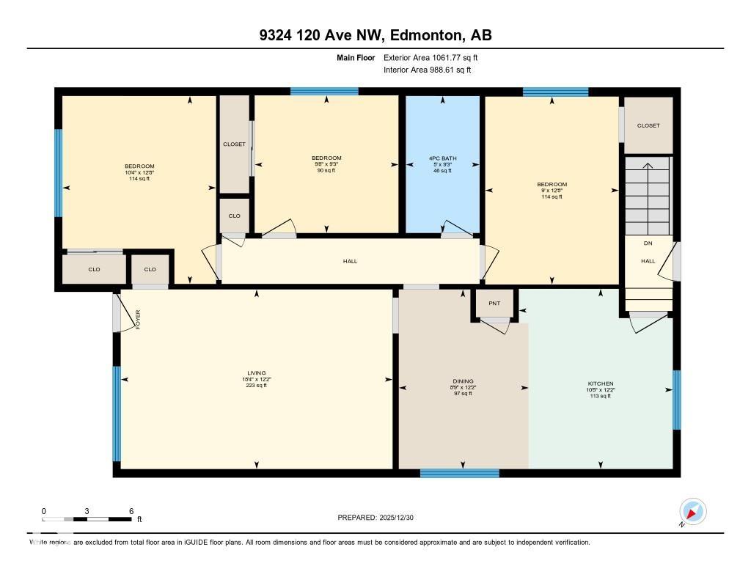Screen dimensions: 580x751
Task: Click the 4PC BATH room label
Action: tap(440, 158)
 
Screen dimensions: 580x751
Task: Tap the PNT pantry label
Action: tap(494, 303)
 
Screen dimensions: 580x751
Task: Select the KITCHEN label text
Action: tap(600, 383)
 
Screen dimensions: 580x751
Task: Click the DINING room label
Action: tap(462, 381)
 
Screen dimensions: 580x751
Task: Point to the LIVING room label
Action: tap(257, 373)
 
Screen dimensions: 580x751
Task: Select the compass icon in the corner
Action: tap(692, 511)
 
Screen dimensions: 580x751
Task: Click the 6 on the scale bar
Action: tap(131, 511)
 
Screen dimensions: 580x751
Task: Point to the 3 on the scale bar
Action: tap(87, 511)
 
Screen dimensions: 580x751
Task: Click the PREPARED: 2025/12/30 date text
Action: tap(376, 518)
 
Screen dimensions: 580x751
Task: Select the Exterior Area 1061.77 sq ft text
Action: tap(431, 57)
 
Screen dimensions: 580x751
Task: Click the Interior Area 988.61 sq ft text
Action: tap(428, 70)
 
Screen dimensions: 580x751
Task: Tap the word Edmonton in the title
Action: tap(425, 35)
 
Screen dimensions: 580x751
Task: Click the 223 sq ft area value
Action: tap(257, 386)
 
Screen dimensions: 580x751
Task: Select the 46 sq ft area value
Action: tap(440, 170)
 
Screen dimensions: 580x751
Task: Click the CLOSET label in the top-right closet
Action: tap(648, 125)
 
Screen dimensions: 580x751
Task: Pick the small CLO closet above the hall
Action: tap(234, 216)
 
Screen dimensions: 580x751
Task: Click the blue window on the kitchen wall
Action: tap(676, 400)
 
